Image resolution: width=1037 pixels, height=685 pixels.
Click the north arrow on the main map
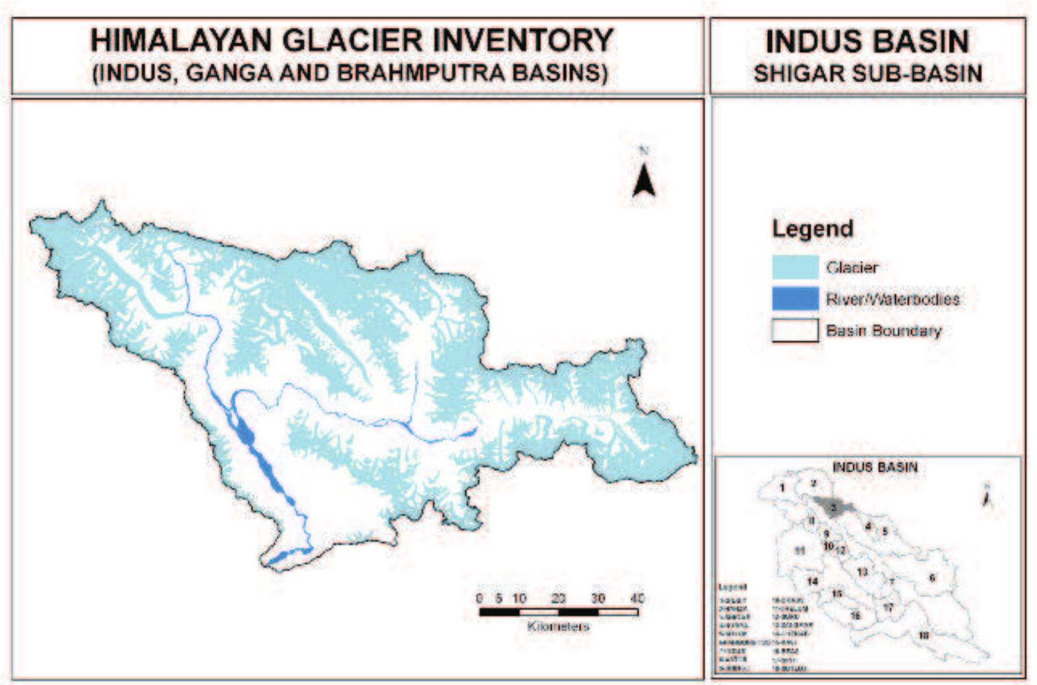click(x=644, y=181)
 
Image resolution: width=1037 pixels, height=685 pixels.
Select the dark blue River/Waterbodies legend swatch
click(x=795, y=299)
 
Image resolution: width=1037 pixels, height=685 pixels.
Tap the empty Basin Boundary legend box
click(x=795, y=331)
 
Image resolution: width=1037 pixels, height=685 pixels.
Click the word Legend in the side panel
click(x=812, y=229)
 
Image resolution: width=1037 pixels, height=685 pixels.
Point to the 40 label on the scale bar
click(x=637, y=598)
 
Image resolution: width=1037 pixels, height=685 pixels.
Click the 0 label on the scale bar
click(x=479, y=598)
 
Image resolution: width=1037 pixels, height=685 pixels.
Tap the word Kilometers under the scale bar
click(x=558, y=627)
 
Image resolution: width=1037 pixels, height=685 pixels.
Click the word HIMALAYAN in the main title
click(x=181, y=40)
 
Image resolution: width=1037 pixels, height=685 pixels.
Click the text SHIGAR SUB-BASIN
click(x=868, y=73)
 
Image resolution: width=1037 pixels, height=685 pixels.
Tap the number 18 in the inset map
click(x=924, y=635)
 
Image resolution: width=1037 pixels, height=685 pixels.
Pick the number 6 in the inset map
click(x=932, y=577)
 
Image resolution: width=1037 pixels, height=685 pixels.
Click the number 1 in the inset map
click(x=783, y=487)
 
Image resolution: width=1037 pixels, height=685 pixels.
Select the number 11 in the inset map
click(x=800, y=550)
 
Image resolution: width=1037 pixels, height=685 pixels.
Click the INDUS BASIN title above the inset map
click(x=874, y=467)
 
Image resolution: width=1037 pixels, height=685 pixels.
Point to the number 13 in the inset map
click(x=862, y=572)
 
